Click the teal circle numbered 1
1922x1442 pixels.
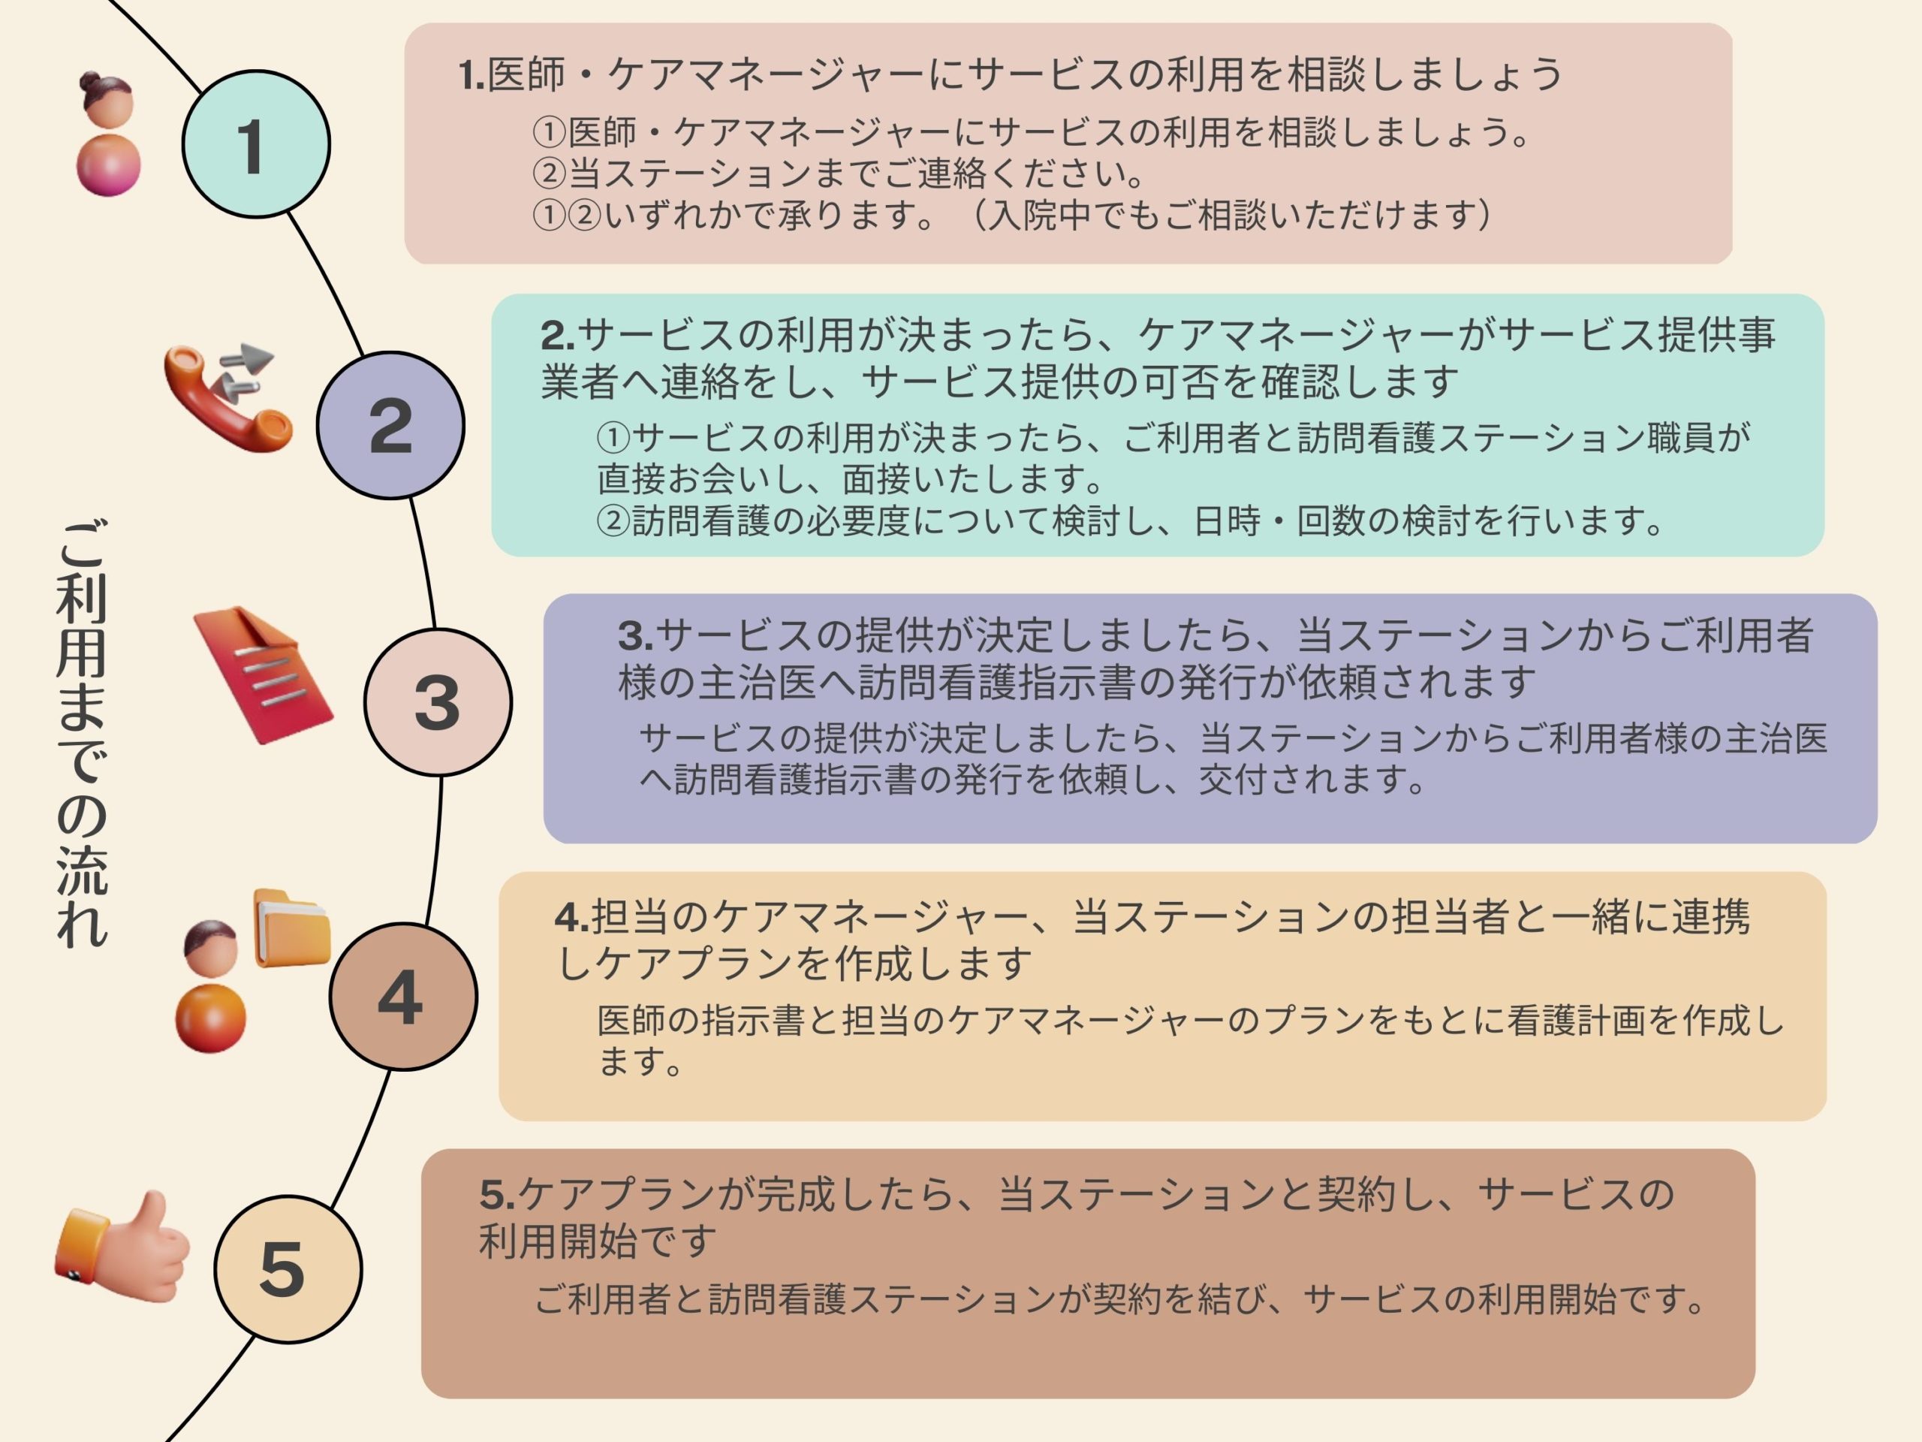255,144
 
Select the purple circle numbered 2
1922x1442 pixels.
390,425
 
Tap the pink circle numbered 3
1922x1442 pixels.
437,702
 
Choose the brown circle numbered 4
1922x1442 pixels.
402,996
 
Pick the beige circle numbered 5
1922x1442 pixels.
288,1269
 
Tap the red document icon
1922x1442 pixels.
263,674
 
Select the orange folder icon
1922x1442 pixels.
291,928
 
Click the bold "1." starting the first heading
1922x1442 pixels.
471,76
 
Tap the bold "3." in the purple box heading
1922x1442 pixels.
634,636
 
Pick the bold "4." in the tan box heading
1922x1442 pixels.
571,917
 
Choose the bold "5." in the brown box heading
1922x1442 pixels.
497,1195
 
